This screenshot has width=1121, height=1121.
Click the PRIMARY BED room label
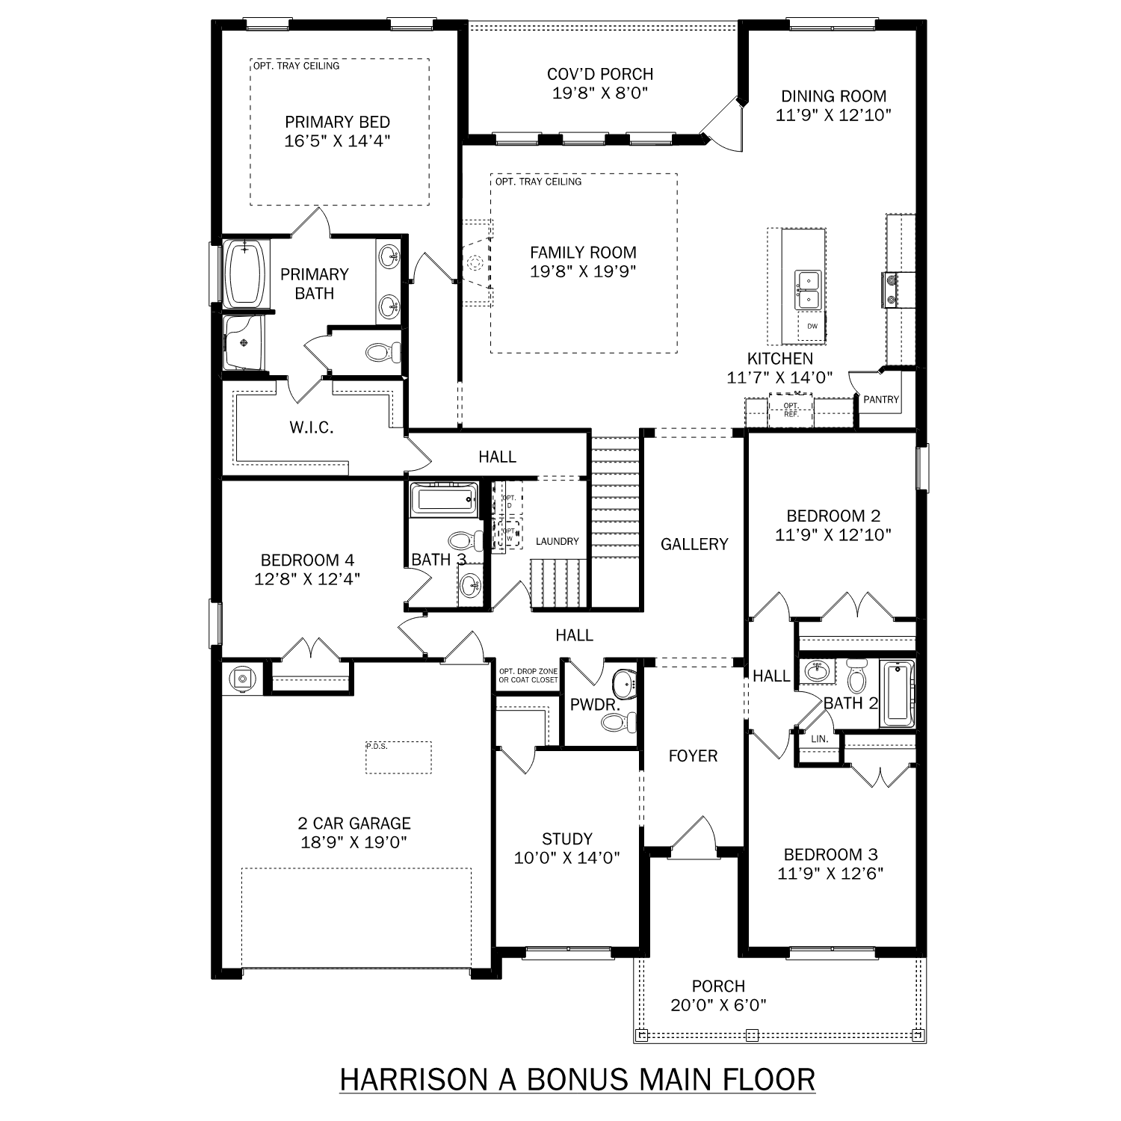coord(337,122)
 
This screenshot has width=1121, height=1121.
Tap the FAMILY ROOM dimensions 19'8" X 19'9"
coord(583,271)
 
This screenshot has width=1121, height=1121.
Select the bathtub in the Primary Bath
coord(246,272)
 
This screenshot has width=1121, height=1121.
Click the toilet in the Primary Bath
coord(382,351)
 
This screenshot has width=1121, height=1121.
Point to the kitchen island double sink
coord(807,290)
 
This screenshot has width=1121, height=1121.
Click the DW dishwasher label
coord(812,327)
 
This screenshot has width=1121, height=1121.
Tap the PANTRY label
coord(881,400)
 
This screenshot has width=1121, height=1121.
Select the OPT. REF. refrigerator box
coord(791,410)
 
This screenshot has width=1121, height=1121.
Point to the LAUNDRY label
coord(557,541)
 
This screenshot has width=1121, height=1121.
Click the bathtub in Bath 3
coord(444,499)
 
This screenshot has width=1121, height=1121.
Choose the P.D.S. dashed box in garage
coord(398,758)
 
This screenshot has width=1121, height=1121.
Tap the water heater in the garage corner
coord(241,679)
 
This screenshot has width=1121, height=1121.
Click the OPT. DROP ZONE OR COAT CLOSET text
coord(528,676)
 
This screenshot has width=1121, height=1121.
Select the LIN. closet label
coord(819,738)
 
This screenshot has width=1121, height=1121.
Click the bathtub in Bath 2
coord(897,694)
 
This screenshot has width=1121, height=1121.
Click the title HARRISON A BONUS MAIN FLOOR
coord(577,1080)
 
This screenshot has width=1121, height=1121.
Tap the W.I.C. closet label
coord(311,428)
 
